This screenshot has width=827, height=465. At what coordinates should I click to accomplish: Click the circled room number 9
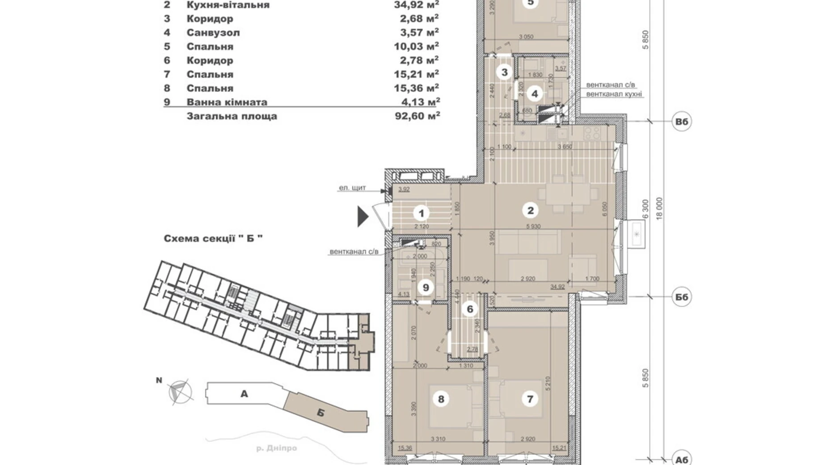pyautogui.click(x=426, y=287)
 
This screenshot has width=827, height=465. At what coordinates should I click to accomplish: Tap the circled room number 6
pyautogui.click(x=470, y=309)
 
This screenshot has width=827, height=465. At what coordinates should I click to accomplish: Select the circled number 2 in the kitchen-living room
pyautogui.click(x=530, y=210)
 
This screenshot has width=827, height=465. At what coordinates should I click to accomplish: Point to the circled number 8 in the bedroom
pyautogui.click(x=441, y=398)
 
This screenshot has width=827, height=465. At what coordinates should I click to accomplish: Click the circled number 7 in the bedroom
pyautogui.click(x=530, y=398)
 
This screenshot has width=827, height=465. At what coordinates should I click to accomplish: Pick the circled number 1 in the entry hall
pyautogui.click(x=421, y=214)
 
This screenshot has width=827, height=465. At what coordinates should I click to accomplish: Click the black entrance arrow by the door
pyautogui.click(x=362, y=216)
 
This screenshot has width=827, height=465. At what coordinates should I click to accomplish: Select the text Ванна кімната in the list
pyautogui.click(x=227, y=102)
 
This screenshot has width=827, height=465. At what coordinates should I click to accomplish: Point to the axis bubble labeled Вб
pyautogui.click(x=681, y=122)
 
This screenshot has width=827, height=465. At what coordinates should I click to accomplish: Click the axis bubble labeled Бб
pyautogui.click(x=681, y=297)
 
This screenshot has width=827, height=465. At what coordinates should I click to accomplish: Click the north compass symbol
pyautogui.click(x=180, y=391)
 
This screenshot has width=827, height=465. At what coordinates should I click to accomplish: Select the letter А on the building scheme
pyautogui.click(x=244, y=394)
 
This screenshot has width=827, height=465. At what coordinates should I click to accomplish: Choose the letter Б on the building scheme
pyautogui.click(x=320, y=413)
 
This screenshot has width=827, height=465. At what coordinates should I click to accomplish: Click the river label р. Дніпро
pyautogui.click(x=276, y=448)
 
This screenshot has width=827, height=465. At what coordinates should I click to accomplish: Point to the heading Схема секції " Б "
pyautogui.click(x=213, y=239)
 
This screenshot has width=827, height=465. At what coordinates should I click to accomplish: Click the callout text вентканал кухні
pyautogui.click(x=614, y=94)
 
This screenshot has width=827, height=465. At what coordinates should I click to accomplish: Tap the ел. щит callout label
pyautogui.click(x=352, y=188)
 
